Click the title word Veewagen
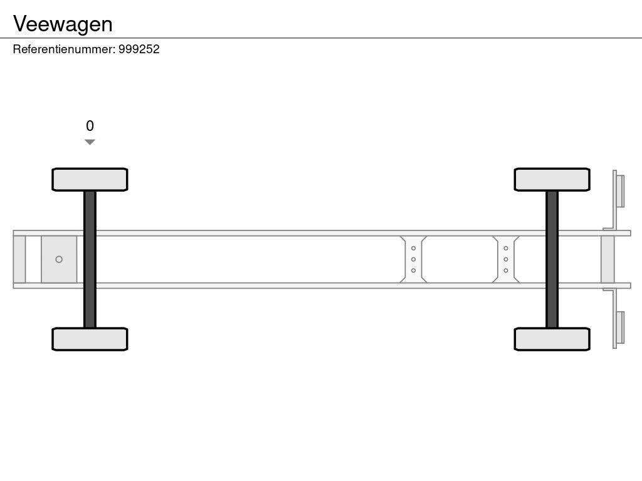click(63, 24)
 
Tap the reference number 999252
click(139, 49)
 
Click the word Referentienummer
click(63, 49)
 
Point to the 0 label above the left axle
click(90, 126)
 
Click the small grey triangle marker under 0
click(90, 142)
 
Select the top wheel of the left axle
click(90, 180)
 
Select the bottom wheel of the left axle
click(90, 339)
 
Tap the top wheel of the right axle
click(552, 180)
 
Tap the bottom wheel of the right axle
click(552, 339)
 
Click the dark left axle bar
click(90, 259)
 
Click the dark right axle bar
click(552, 259)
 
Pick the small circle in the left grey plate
click(59, 259)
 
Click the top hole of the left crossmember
click(413, 248)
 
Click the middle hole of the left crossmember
click(413, 259)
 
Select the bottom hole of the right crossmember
click(505, 271)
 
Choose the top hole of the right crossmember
click(505, 248)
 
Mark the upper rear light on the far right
click(620, 191)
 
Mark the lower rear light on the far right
click(620, 328)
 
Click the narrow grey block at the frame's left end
click(19, 259)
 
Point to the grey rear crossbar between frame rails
click(608, 259)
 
